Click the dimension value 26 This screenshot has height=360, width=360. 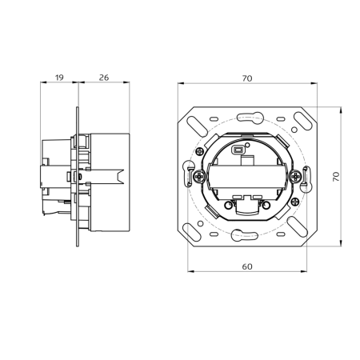point(103,78)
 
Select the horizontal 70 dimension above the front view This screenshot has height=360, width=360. point(247,78)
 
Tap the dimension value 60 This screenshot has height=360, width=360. point(247,266)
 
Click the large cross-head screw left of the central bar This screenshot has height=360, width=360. point(197,174)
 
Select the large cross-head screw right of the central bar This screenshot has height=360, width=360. point(297,174)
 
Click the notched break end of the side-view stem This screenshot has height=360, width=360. point(121,174)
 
